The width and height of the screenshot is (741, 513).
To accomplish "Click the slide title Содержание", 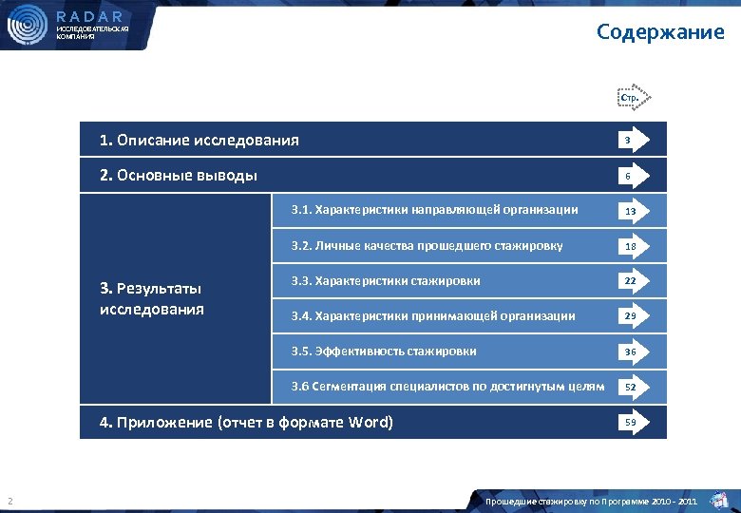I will point(660,32).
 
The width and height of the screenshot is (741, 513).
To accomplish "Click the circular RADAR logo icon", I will point(27,26).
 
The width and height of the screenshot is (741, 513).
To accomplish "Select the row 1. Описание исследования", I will point(199,141).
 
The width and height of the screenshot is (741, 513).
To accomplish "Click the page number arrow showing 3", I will point(630,141).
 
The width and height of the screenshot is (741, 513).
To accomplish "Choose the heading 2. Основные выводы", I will point(179,175).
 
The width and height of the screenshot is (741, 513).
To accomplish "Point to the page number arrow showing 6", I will point(630,176).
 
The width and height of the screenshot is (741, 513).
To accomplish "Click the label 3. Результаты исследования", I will point(151,298).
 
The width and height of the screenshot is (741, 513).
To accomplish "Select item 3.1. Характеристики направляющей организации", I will point(434,209).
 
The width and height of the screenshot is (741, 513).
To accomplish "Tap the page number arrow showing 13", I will point(631,211).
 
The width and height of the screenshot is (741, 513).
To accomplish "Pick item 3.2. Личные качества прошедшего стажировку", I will point(427,246).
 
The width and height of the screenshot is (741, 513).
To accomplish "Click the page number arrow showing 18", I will point(631,246).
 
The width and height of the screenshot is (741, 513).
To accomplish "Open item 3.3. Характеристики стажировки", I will point(386,280).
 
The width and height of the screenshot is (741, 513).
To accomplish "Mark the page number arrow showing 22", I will point(631,281).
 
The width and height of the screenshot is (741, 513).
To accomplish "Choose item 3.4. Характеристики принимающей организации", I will point(432,315).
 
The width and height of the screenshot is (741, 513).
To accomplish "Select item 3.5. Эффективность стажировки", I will point(384,351).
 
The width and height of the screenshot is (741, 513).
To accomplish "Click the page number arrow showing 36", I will point(631,351).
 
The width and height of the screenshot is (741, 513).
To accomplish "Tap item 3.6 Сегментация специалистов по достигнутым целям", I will point(447,386).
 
